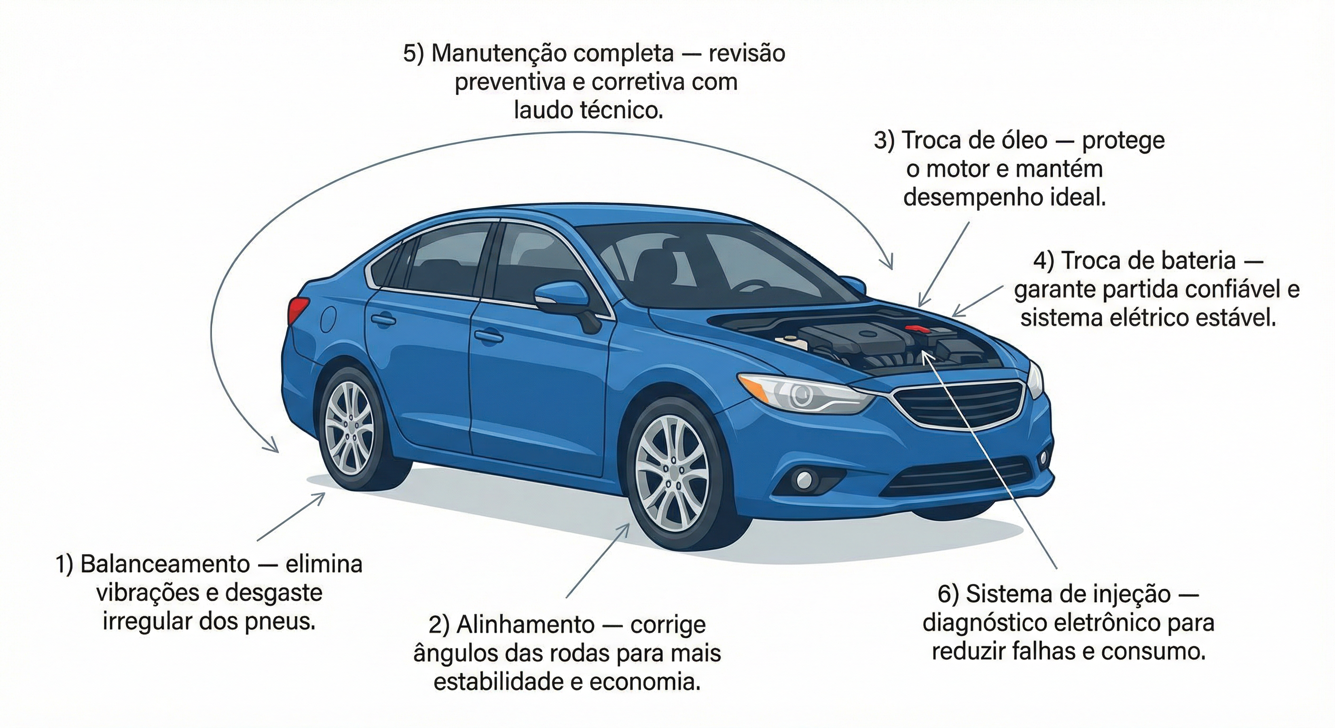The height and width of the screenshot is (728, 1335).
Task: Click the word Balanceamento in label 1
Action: click(x=165, y=564)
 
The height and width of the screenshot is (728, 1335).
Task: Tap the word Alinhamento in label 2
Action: click(x=524, y=625)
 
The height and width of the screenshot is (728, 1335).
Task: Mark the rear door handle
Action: click(x=384, y=320)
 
